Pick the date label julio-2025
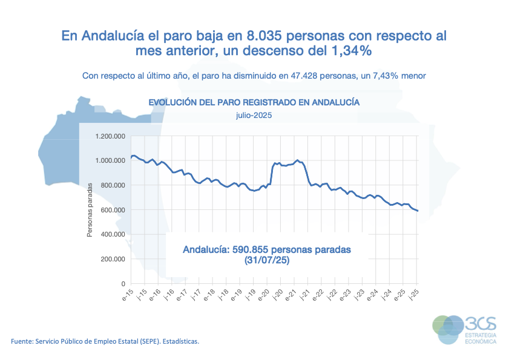tap(254, 114)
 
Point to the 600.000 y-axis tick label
tap(113, 210)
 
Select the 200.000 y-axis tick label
tap(113, 259)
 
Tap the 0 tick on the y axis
tap(123, 284)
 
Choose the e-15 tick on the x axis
tap(128, 296)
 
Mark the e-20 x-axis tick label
tap(263, 296)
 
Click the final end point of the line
tap(418, 211)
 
